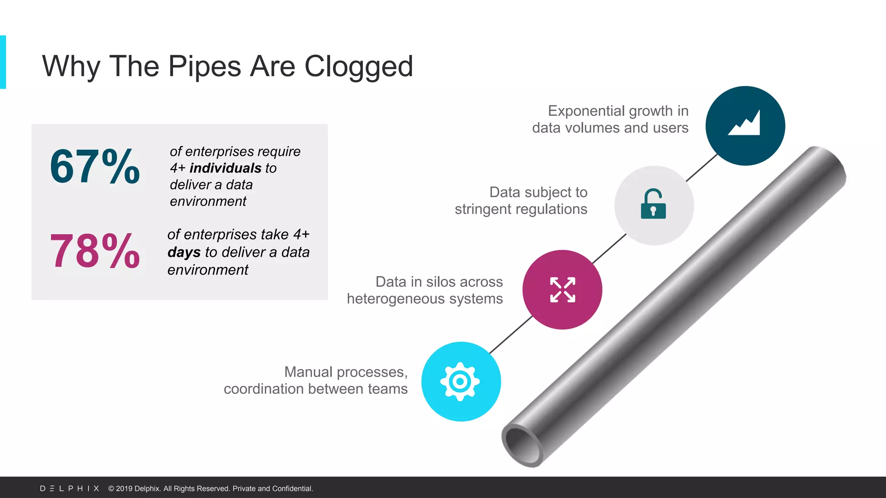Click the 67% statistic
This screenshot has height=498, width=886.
pyautogui.click(x=95, y=167)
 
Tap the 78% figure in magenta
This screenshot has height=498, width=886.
pyautogui.click(x=95, y=251)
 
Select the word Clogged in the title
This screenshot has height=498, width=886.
pyautogui.click(x=359, y=67)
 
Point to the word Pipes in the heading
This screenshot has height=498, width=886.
pyautogui.click(x=205, y=67)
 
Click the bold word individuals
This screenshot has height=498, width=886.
pyautogui.click(x=225, y=168)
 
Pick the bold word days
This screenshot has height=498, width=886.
pyautogui.click(x=184, y=252)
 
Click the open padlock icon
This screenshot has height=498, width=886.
pyautogui.click(x=653, y=204)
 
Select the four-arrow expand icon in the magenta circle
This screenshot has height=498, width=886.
pyautogui.click(x=562, y=290)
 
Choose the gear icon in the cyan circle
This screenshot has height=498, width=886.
pyautogui.click(x=460, y=381)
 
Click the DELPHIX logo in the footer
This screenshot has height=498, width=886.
pyautogui.click(x=70, y=488)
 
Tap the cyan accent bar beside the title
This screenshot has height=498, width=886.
pyautogui.click(x=3, y=62)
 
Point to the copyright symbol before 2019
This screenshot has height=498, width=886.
pyautogui.click(x=111, y=488)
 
